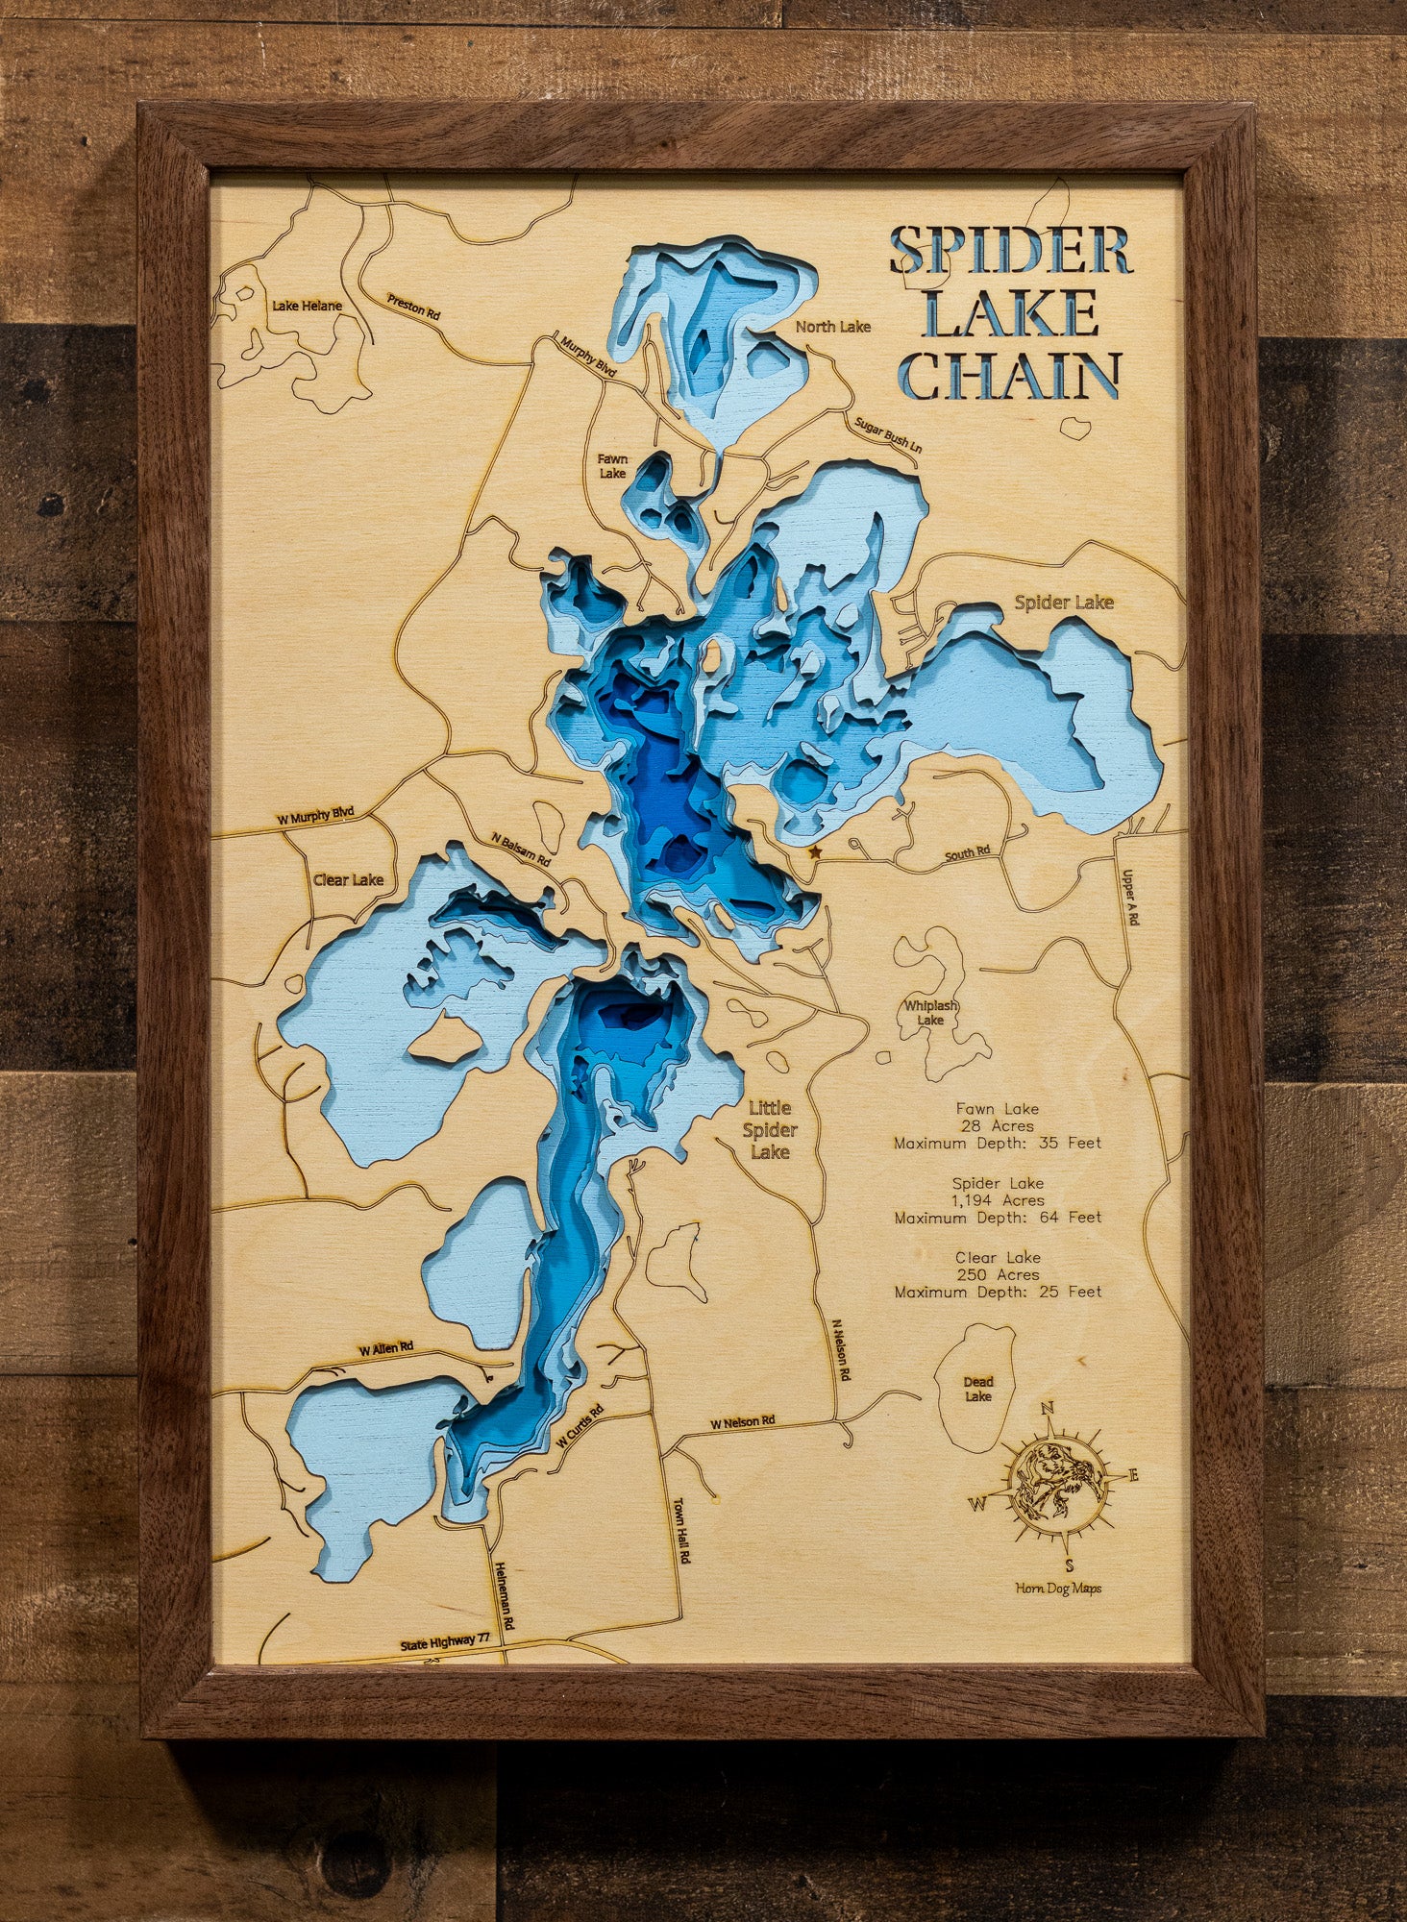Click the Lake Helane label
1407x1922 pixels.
[307, 306]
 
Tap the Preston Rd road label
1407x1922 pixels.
[413, 307]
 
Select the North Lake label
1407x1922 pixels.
[832, 327]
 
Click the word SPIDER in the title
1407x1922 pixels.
[1010, 252]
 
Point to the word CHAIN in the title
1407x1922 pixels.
[1010, 376]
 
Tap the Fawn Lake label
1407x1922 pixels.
[612, 466]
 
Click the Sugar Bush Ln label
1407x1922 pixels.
[888, 434]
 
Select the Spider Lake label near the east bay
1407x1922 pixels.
[1064, 603]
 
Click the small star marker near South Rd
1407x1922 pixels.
[815, 851]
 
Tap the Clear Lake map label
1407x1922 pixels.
[348, 879]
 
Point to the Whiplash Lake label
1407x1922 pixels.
[930, 1013]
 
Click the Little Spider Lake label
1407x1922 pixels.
[770, 1130]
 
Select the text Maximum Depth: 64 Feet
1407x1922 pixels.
[998, 1218]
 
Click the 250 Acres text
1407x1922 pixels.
[998, 1274]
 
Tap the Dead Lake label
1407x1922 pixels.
[978, 1389]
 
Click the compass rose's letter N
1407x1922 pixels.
[1049, 1409]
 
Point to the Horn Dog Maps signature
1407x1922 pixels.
[1058, 1589]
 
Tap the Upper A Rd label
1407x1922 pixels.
[1132, 898]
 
